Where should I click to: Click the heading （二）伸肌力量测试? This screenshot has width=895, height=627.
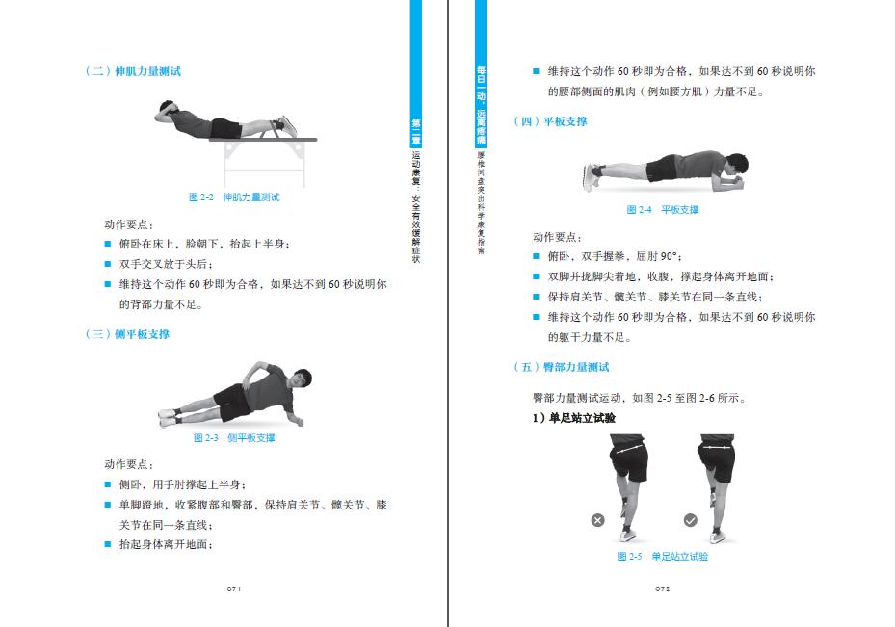pyautogui.click(x=134, y=71)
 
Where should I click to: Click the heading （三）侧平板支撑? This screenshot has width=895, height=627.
pyautogui.click(x=128, y=334)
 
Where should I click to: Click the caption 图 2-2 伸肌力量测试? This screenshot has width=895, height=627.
pyautogui.click(x=234, y=197)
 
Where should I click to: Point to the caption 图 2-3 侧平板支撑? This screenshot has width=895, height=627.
pyautogui.click(x=234, y=438)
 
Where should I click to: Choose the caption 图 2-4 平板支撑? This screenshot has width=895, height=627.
pyautogui.click(x=663, y=210)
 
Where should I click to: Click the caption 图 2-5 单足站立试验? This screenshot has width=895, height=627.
pyautogui.click(x=663, y=557)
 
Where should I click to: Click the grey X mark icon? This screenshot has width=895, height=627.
pyautogui.click(x=597, y=520)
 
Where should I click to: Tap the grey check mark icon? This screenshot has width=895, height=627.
pyautogui.click(x=690, y=520)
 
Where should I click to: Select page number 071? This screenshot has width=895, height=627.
pyautogui.click(x=233, y=588)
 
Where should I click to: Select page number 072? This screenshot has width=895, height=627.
pyautogui.click(x=662, y=588)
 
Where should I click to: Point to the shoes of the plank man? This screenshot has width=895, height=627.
pyautogui.click(x=591, y=176)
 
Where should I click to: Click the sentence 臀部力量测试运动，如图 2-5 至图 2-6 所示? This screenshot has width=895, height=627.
pyautogui.click(x=638, y=398)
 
